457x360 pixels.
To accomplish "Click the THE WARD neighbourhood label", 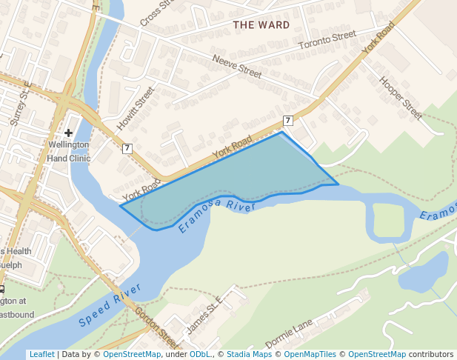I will (261, 25).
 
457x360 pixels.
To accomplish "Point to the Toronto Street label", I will (327, 41).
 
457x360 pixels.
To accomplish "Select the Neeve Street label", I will (237, 66).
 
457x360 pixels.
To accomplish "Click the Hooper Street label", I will (401, 98).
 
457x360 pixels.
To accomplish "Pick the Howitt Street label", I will (136, 109).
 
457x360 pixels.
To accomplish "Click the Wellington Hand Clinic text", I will (68, 152).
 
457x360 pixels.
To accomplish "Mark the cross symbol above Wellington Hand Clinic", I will (68, 133).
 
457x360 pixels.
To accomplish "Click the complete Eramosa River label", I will (218, 216).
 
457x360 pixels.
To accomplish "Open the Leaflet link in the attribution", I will (41, 354).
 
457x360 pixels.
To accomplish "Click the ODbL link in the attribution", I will (200, 354).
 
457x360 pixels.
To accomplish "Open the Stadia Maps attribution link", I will (249, 354).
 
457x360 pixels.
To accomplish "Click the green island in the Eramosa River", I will (388, 221).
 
